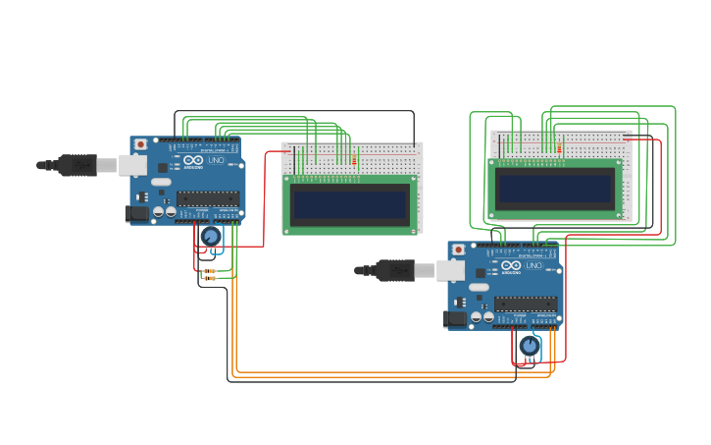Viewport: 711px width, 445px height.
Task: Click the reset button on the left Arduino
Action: (x=140, y=144)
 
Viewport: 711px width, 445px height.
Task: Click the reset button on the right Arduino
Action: (x=458, y=250)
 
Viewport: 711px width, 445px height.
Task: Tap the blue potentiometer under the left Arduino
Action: (x=210, y=237)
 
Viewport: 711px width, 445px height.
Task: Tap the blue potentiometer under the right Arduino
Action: (x=530, y=346)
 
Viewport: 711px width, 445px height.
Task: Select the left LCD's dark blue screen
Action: (x=349, y=204)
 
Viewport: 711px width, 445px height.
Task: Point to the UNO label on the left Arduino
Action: (x=216, y=160)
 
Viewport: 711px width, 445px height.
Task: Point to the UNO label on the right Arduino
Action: (x=533, y=265)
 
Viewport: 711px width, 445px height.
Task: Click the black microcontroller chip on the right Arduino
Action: (x=526, y=304)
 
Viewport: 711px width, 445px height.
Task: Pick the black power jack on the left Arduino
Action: (x=137, y=213)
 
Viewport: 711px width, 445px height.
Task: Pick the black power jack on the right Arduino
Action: (x=455, y=318)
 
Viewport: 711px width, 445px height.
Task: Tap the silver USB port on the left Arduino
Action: (x=132, y=165)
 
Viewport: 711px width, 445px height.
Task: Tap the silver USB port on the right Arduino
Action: (x=450, y=270)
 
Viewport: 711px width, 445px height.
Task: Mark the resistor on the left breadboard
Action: (x=353, y=160)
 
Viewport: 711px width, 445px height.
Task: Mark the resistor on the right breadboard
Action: (x=559, y=149)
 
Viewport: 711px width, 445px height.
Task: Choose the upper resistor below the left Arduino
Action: (x=209, y=270)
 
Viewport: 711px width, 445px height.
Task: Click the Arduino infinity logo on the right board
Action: (x=510, y=265)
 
